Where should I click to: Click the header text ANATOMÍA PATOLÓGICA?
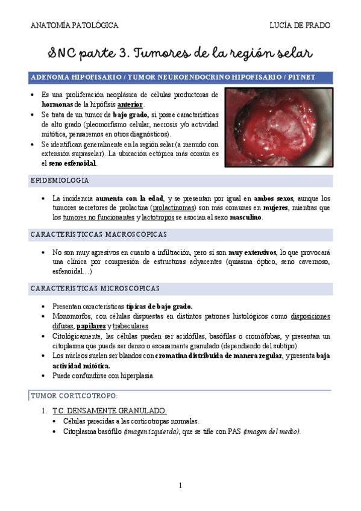[74, 25]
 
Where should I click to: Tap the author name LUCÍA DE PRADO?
[300, 25]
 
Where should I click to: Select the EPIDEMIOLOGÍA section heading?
[60, 180]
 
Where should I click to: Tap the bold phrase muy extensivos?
[252, 252]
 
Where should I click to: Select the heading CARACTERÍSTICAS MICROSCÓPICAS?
[95, 289]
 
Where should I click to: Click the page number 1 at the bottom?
[180, 485]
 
